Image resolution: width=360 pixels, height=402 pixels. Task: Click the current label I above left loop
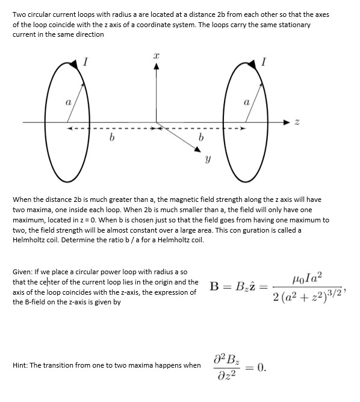(87, 60)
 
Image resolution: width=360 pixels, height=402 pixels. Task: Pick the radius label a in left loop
(68, 103)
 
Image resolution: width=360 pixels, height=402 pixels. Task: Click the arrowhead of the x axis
(157, 68)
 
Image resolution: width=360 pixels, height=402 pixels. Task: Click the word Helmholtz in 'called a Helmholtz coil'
(31, 239)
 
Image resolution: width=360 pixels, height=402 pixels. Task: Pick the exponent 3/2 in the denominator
(332, 294)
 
